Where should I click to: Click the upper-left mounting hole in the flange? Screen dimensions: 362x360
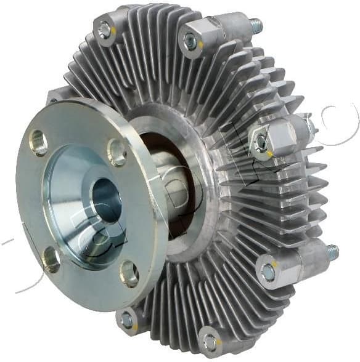(38, 142)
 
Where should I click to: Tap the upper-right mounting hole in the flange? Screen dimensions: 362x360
(117, 151)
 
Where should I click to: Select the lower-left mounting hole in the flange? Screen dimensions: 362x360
(51, 259)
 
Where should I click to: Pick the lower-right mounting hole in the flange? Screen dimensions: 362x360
(129, 273)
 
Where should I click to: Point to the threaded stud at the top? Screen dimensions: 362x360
(253, 26)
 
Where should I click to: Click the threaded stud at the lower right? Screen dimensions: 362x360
(332, 251)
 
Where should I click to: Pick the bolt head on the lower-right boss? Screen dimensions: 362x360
(268, 271)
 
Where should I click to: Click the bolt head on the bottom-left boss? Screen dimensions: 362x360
(127, 320)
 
